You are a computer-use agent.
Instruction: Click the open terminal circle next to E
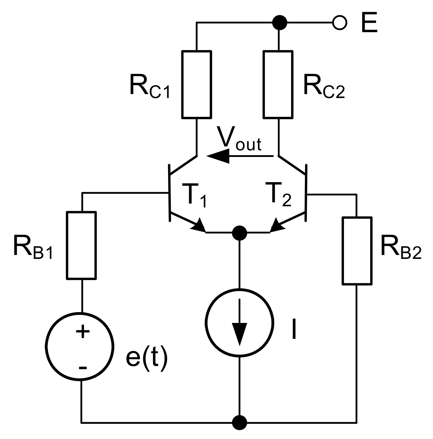pos(339,23)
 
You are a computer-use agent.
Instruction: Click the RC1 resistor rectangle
pos(196,84)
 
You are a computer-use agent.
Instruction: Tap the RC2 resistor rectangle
pos(278,84)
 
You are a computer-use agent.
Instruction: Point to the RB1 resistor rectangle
pos(81,245)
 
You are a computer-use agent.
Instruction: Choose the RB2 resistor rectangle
pos(357,250)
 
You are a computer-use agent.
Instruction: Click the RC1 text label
pos(149,87)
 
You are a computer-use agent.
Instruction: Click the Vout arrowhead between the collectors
pos(218,156)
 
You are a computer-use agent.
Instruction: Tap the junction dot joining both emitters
pos(240,232)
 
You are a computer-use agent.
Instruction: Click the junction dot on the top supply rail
pos(279,22)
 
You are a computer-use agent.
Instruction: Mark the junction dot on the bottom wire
pos(240,422)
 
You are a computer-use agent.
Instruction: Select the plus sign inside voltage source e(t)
pos(82,332)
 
